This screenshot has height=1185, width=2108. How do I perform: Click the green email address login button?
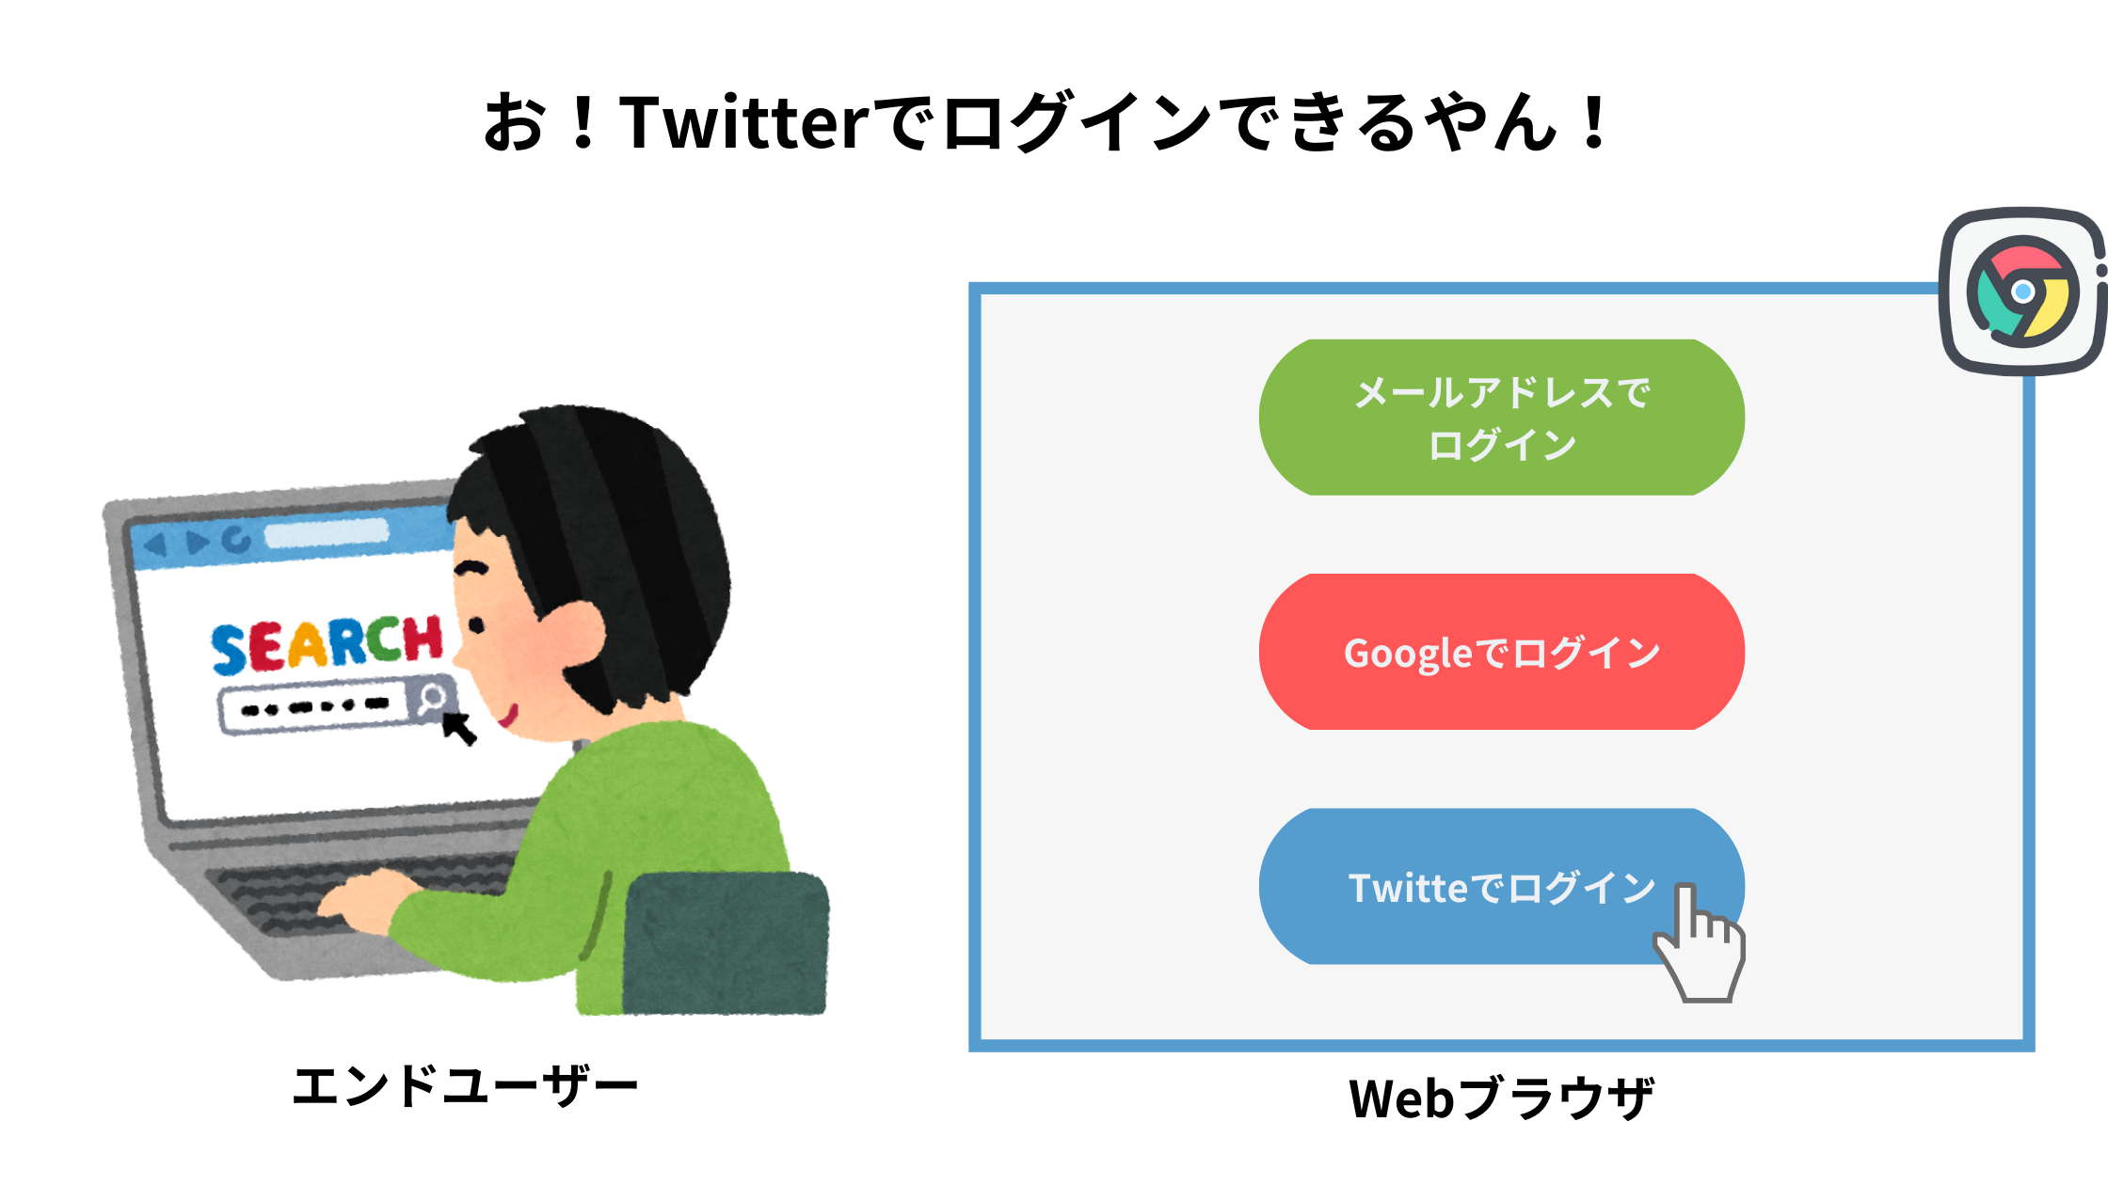(1502, 418)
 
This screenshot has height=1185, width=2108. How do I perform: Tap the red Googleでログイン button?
(1502, 652)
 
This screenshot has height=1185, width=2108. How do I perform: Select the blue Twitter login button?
(1502, 886)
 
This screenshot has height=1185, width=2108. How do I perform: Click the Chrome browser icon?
(2023, 292)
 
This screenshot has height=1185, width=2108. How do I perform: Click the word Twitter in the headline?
(743, 123)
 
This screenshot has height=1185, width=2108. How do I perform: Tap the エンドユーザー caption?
(465, 1086)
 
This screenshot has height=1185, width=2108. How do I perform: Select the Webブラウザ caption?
(1502, 1098)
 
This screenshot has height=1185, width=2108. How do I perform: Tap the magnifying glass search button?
(431, 699)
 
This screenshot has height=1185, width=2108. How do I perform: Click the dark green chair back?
(726, 943)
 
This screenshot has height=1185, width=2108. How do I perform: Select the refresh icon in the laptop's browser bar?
(237, 539)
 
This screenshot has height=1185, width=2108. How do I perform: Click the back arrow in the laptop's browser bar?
(155, 545)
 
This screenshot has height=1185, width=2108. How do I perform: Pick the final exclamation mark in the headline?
(1594, 123)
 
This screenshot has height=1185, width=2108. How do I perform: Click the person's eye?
(476, 624)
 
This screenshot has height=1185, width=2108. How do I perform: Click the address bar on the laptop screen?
(327, 533)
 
